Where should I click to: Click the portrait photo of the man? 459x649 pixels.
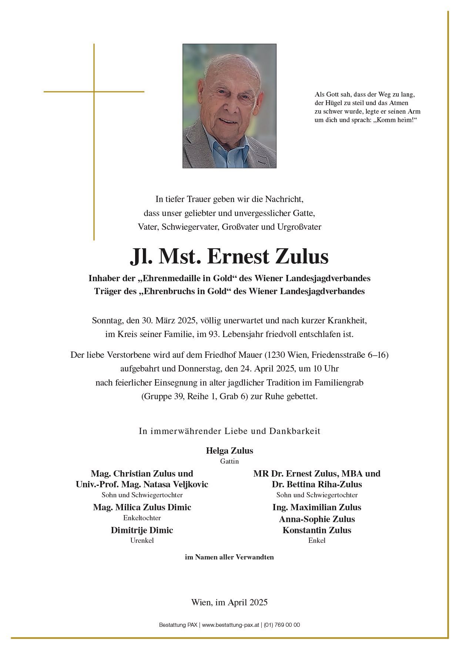click(x=229, y=106)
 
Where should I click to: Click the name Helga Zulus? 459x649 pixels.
click(x=229, y=451)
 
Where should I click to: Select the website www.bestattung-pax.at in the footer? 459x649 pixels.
click(x=231, y=625)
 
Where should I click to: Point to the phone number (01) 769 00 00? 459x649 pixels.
click(x=282, y=625)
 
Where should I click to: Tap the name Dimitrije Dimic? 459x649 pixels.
click(x=142, y=530)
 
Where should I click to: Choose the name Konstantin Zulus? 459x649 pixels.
click(x=317, y=530)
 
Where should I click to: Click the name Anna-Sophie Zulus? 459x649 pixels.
click(x=317, y=519)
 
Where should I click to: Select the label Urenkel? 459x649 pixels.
click(x=142, y=541)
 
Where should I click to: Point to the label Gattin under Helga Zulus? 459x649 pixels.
click(x=229, y=461)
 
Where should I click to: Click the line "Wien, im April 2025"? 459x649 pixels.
click(x=229, y=602)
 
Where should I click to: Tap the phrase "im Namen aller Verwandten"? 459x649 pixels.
click(x=229, y=557)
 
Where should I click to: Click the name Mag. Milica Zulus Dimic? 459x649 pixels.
click(x=142, y=507)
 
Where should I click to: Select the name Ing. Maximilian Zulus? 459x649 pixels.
click(x=317, y=507)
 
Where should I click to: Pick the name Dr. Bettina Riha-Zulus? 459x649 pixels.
click(x=317, y=484)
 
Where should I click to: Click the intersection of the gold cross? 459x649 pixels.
click(x=94, y=91)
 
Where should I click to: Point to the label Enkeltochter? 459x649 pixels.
click(x=142, y=518)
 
